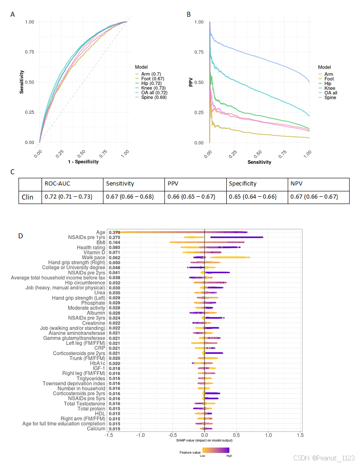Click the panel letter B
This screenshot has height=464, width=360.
(x=189, y=14)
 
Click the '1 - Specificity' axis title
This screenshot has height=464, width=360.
(x=83, y=162)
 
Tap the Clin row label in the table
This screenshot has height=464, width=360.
(x=28, y=197)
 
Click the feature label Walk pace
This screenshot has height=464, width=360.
(x=94, y=257)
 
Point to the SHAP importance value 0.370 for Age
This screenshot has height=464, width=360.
(x=115, y=232)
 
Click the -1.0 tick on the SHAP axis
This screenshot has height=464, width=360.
(x=140, y=435)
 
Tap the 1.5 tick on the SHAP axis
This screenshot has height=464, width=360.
(x=300, y=435)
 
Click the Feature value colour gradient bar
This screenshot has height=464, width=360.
(x=216, y=450)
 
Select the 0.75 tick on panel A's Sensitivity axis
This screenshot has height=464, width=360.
(x=31, y=52)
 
